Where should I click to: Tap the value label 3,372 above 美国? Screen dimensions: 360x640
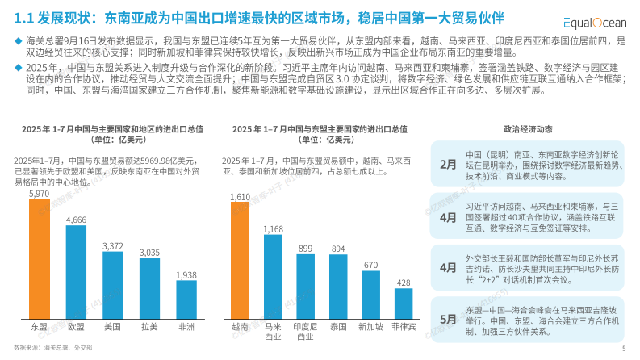113,245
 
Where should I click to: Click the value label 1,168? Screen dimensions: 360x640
273,229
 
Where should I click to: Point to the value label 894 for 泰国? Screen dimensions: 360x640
338,249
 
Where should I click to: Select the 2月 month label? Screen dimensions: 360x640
448,164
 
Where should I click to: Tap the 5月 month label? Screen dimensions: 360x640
448,319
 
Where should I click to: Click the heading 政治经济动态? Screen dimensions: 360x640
528,128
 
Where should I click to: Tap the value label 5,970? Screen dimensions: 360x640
40,194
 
